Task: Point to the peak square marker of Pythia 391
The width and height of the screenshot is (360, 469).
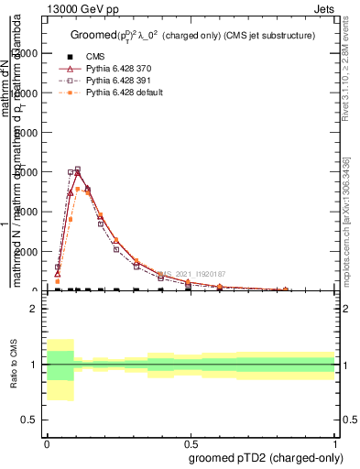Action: [78, 169]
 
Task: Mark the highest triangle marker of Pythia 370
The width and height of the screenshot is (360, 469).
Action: [78, 172]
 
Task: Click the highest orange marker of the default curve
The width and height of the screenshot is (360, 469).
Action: [78, 189]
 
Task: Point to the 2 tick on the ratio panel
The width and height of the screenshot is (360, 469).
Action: [34, 310]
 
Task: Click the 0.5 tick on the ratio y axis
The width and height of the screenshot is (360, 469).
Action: [30, 420]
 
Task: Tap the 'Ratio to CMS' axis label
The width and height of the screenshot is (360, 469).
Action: [13, 365]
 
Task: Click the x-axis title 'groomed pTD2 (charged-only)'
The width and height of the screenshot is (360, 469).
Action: [261, 457]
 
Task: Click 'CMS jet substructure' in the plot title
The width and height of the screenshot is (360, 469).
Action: [270, 36]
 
